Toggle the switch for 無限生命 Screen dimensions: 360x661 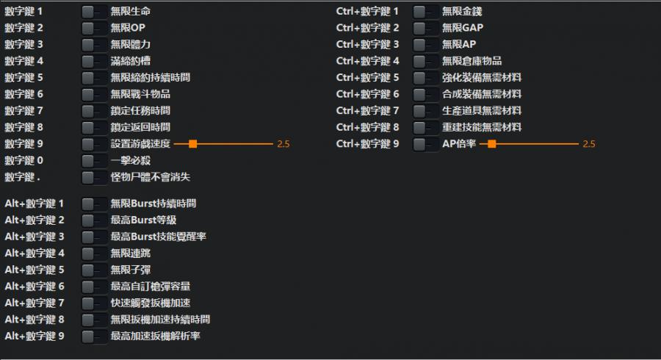[94, 12]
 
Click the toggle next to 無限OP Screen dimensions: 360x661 [94, 28]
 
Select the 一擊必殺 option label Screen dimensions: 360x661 [131, 160]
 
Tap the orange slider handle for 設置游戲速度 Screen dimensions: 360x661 [192, 144]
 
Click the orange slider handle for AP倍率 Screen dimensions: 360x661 [491, 144]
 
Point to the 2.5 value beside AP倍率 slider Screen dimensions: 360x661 [588, 144]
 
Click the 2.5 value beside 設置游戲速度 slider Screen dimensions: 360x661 [283, 144]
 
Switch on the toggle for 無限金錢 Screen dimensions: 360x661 [426, 12]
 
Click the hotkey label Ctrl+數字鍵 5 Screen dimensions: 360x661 [368, 78]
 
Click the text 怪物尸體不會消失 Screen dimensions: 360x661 [151, 177]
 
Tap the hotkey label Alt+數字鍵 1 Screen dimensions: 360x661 [35, 204]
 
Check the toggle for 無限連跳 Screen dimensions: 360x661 [94, 253]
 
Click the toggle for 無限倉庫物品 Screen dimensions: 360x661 [426, 61]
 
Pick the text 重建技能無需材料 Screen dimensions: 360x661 [482, 127]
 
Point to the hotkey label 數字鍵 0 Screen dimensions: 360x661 [24, 160]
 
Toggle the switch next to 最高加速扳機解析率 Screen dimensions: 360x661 [94, 336]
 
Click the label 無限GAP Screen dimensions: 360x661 [463, 28]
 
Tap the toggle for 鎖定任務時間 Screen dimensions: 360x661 [94, 111]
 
